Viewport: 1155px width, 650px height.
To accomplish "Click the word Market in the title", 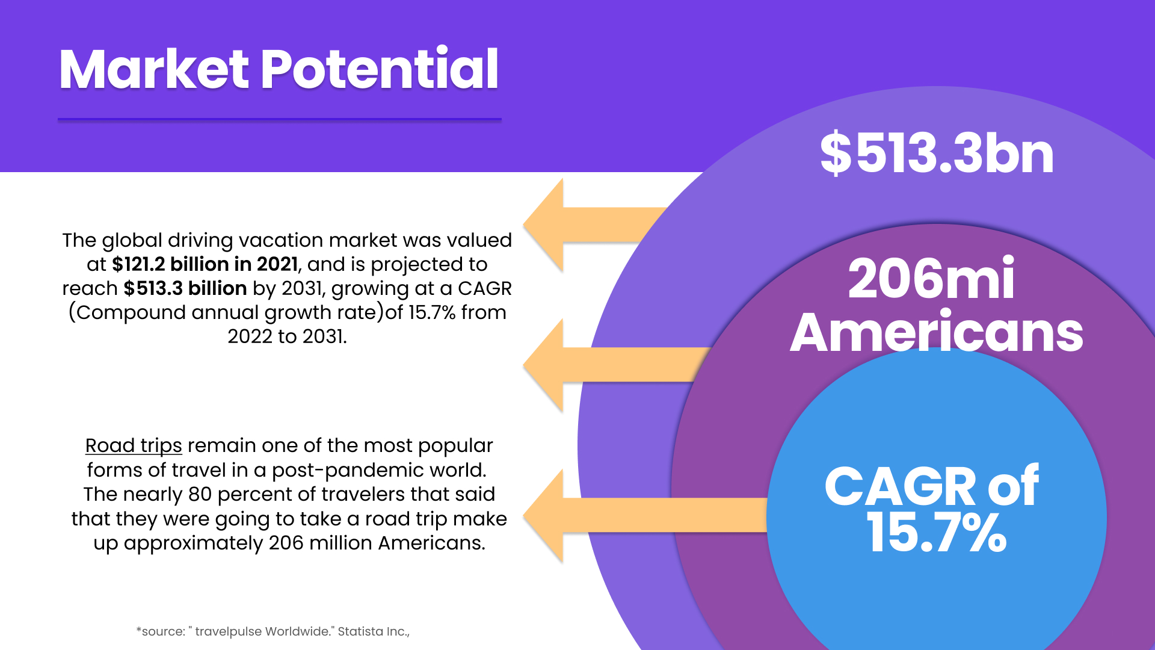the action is point(154,69).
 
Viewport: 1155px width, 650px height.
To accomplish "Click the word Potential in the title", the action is point(380,68).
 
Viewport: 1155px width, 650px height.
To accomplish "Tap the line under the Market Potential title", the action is point(280,120).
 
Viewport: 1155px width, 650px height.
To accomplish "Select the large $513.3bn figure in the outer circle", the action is point(937,153).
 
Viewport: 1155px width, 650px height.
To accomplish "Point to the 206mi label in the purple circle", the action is point(931,278).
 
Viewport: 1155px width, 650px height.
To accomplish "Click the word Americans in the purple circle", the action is point(936,332).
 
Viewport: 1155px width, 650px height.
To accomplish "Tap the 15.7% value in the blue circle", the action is point(936,532).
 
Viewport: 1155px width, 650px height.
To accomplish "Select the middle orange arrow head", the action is point(543,365).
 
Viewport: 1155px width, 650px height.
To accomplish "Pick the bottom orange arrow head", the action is point(543,516).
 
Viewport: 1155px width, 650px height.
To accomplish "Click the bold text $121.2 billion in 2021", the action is point(205,264).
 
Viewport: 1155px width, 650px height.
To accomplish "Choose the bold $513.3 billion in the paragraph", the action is point(185,288).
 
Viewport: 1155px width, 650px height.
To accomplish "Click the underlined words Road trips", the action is point(134,445).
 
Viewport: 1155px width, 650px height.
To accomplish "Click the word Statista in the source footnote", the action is point(360,631).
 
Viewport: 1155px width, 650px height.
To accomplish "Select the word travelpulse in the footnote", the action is point(229,632).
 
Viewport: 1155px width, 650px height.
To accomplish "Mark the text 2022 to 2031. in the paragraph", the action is point(288,336).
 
